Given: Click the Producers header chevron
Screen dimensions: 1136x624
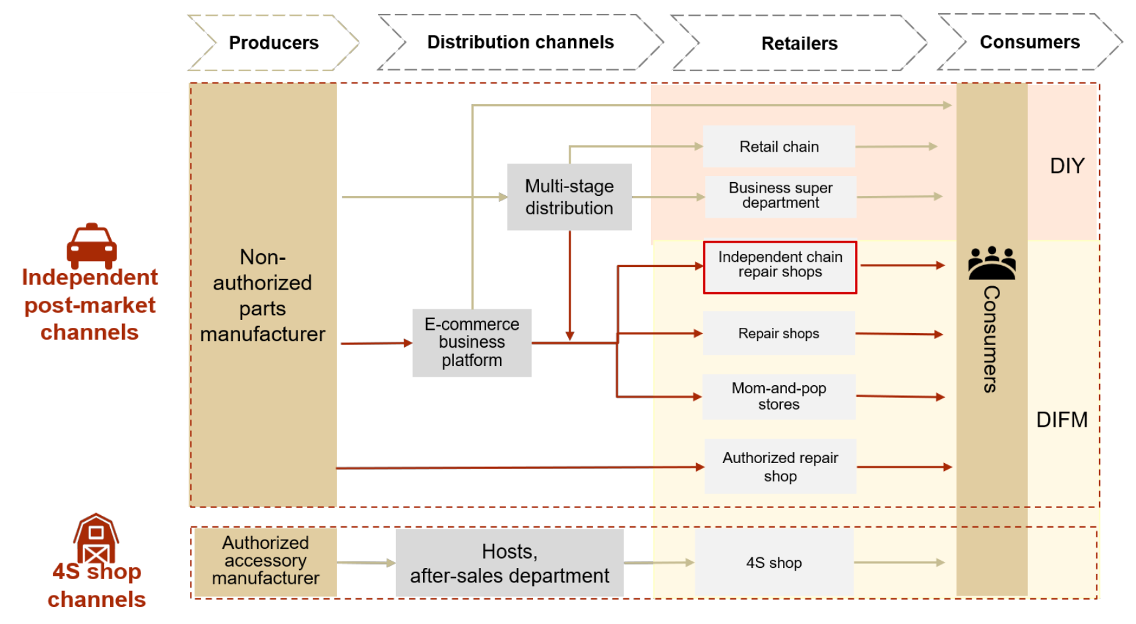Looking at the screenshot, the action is click(x=273, y=43).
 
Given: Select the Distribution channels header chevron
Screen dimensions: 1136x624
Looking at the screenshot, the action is click(x=521, y=42).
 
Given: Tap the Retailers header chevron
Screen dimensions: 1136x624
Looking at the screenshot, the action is click(x=799, y=44).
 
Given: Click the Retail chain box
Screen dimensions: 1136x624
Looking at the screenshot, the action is click(x=778, y=146).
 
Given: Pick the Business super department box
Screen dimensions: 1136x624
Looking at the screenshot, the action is click(x=780, y=196).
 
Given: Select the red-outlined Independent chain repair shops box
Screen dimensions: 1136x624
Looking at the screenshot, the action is click(x=780, y=266).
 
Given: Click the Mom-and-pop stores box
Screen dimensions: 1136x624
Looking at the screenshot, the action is click(x=778, y=396).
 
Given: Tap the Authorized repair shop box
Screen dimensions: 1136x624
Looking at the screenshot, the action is click(x=780, y=466).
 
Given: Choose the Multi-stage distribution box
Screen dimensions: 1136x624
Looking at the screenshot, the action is click(x=569, y=197).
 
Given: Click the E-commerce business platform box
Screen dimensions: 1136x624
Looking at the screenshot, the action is click(x=472, y=342).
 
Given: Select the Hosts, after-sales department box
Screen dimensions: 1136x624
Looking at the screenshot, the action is click(x=509, y=563).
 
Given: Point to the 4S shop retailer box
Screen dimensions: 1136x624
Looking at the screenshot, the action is click(x=774, y=563).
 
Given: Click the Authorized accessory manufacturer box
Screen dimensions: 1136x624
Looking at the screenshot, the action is click(x=265, y=561).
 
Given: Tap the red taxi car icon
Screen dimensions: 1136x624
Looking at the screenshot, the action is click(x=92, y=245).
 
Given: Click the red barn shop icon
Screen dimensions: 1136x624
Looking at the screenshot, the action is click(x=96, y=538).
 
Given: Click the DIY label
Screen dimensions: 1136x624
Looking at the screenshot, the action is click(x=1067, y=166).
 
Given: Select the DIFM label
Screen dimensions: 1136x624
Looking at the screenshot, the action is click(x=1061, y=420).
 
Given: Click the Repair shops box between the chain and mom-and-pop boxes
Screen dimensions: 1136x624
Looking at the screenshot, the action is click(x=778, y=333).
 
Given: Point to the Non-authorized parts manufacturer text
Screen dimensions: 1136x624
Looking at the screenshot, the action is click(x=263, y=295).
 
